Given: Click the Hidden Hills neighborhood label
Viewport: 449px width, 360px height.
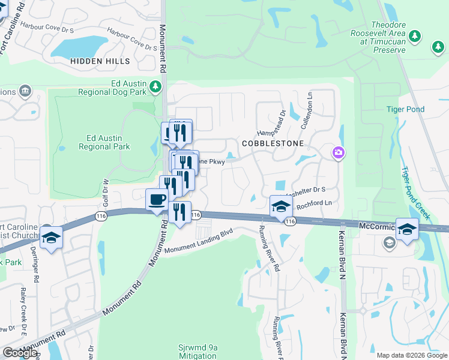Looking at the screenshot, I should coord(100,61).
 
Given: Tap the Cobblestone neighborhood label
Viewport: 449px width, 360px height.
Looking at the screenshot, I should coord(273,144).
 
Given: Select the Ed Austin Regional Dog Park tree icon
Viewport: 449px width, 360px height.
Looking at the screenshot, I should coord(155,87).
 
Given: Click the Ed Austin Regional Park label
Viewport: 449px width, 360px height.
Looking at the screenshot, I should coord(104,142).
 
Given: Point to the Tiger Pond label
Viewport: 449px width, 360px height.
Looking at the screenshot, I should coord(405,109).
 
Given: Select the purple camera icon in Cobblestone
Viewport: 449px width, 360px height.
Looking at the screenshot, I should coord(339,153).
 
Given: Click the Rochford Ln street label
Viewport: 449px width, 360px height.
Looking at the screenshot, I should coord(314,204).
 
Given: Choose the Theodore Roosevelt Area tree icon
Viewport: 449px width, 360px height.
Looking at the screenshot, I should coord(414,37).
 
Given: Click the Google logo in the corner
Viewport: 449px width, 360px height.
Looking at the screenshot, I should coord(20,352).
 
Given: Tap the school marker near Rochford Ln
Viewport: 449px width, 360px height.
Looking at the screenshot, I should coord(280,206).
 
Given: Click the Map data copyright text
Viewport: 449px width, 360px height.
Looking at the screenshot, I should coord(412,355).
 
